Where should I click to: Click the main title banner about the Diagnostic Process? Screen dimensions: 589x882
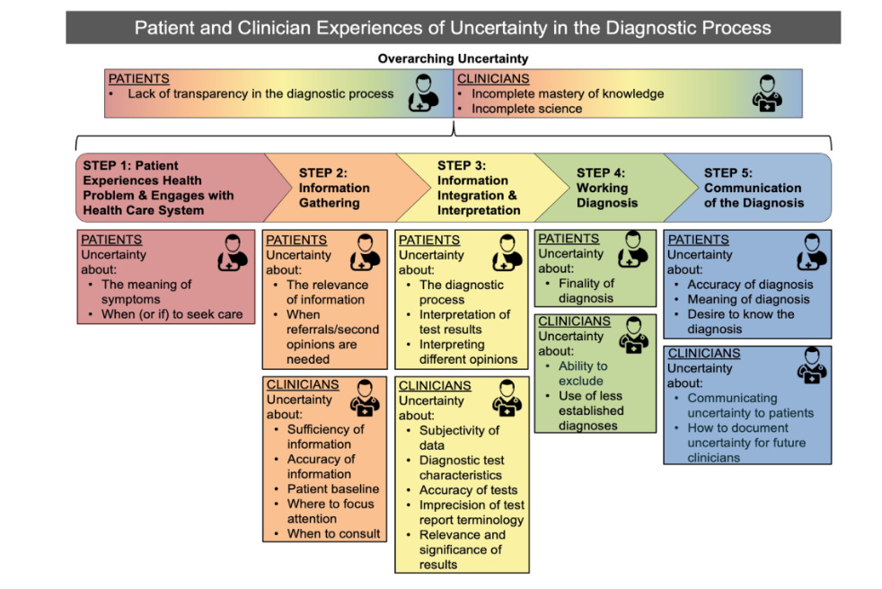point(453,28)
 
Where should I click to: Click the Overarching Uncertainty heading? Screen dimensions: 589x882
point(453,59)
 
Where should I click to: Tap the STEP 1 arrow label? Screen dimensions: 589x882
point(158,188)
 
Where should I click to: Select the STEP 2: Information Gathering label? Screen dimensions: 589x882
point(333,188)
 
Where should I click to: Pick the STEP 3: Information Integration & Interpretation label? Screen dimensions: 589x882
point(479,188)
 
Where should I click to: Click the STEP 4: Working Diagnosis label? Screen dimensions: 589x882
point(602,188)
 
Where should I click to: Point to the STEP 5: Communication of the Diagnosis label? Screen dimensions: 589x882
point(753,188)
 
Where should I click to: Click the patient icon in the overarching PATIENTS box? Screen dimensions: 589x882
point(424,93)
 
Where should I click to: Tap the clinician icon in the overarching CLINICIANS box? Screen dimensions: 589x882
point(766,93)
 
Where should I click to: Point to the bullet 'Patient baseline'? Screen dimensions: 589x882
point(332,489)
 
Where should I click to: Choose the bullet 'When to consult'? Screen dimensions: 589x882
point(333,533)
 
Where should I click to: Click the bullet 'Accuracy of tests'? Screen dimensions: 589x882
point(468,490)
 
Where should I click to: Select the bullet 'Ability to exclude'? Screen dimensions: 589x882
point(583,374)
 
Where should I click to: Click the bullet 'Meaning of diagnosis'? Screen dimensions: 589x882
point(748,299)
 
